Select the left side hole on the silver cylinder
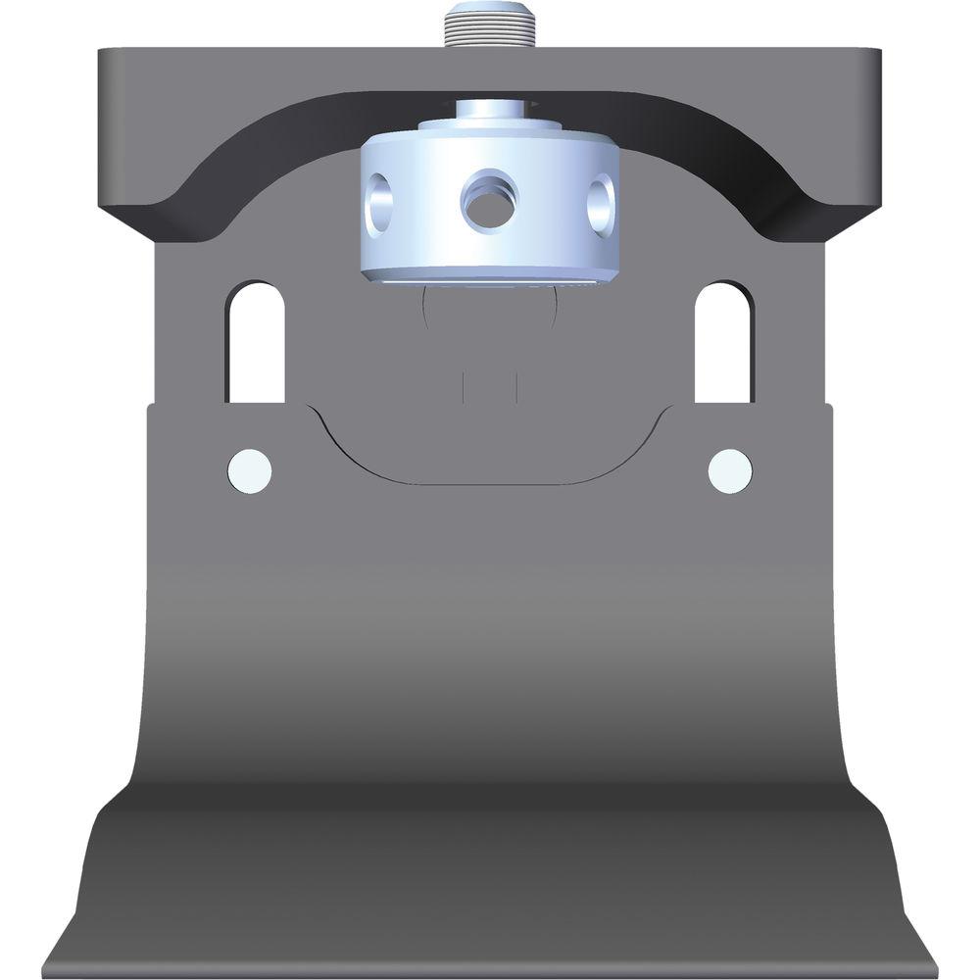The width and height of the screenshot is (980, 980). coord(380,204)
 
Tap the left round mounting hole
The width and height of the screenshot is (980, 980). coord(249,469)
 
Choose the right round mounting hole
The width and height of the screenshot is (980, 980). coord(730,469)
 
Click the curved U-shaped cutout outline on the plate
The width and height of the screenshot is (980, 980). coord(490,480)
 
